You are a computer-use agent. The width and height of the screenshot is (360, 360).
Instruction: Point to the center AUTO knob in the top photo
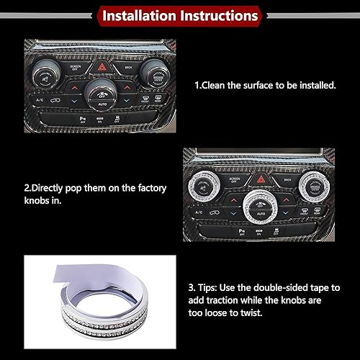coord(102,94)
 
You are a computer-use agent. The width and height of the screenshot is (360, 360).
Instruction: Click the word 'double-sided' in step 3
coord(286,287)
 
